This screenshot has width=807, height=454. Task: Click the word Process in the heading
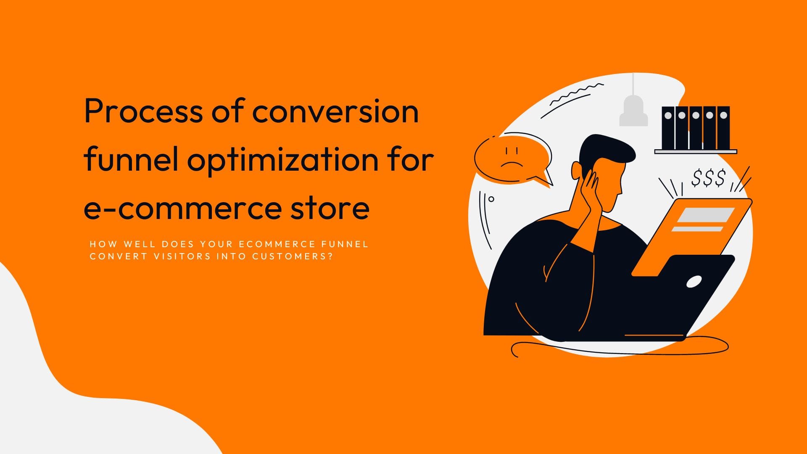[143, 111]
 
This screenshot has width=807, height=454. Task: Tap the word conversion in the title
[335, 111]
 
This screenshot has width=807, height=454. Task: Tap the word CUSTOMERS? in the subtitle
[293, 256]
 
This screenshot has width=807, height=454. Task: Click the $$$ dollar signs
[709, 178]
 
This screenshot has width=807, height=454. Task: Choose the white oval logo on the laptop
[694, 281]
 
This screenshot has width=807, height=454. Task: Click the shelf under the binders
[696, 151]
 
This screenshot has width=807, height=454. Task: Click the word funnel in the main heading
[131, 160]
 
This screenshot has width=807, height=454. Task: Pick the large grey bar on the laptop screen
[706, 215]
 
